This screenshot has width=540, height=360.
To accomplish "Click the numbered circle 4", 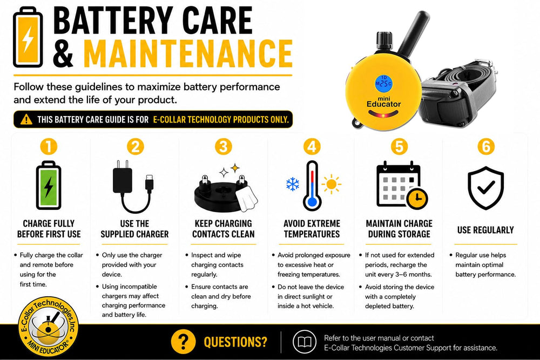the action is tap(312, 147).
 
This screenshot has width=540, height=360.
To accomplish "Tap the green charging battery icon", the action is tap(49, 185).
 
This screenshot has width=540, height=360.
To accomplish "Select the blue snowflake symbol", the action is tap(293, 184).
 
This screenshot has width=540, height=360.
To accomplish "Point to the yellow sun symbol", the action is tap(332, 184).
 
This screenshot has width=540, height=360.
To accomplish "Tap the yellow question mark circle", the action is tap(183, 342).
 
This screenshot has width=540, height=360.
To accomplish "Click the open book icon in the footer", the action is tap(305, 342).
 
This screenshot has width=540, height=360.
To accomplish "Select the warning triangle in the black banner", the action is tap(26, 119).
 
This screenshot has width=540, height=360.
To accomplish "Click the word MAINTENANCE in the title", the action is tap(188, 53).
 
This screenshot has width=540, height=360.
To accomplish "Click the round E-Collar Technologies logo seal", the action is tap(48, 327).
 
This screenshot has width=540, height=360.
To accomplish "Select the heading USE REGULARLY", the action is tap(485, 230).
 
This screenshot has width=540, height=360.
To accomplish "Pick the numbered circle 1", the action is tap(49, 147).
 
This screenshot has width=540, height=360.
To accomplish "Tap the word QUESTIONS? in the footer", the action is tap(235, 342).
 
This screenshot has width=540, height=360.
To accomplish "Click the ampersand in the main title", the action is tap(63, 53).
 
